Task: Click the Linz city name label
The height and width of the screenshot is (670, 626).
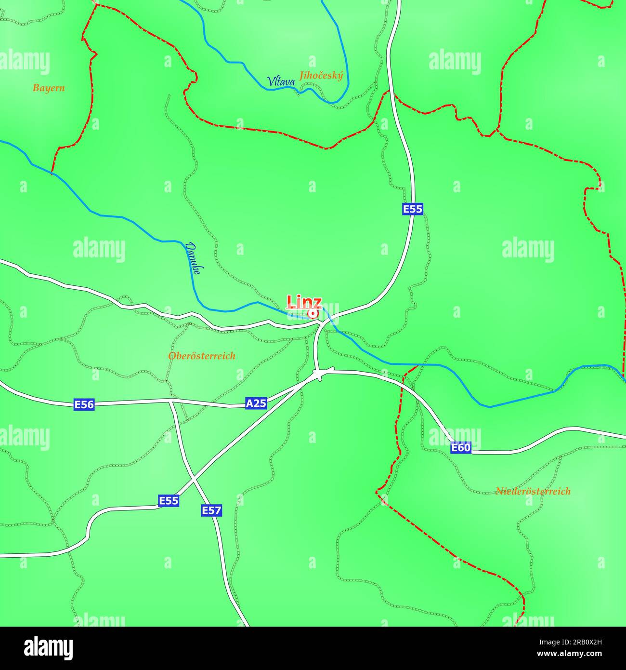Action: (x=304, y=302)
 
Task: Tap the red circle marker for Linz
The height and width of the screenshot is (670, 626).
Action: (x=313, y=314)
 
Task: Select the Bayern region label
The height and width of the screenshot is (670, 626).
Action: (x=49, y=88)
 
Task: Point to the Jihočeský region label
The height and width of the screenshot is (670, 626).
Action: (x=321, y=76)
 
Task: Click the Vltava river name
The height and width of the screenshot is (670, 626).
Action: (x=281, y=82)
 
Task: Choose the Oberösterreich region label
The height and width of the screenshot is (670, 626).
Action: (x=202, y=356)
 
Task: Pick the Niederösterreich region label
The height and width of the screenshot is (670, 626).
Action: (x=533, y=491)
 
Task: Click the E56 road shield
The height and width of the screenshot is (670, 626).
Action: (x=84, y=404)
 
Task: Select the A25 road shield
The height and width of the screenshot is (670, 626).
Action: (x=256, y=403)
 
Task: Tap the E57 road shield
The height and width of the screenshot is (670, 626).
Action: (x=211, y=510)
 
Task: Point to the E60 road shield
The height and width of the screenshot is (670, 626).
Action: (x=461, y=448)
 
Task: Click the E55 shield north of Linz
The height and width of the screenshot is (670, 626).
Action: (x=413, y=209)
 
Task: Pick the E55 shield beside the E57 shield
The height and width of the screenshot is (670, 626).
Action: (x=169, y=501)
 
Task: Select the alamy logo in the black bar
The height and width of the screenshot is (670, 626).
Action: (x=49, y=648)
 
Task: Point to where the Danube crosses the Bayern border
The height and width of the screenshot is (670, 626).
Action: (x=52, y=172)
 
